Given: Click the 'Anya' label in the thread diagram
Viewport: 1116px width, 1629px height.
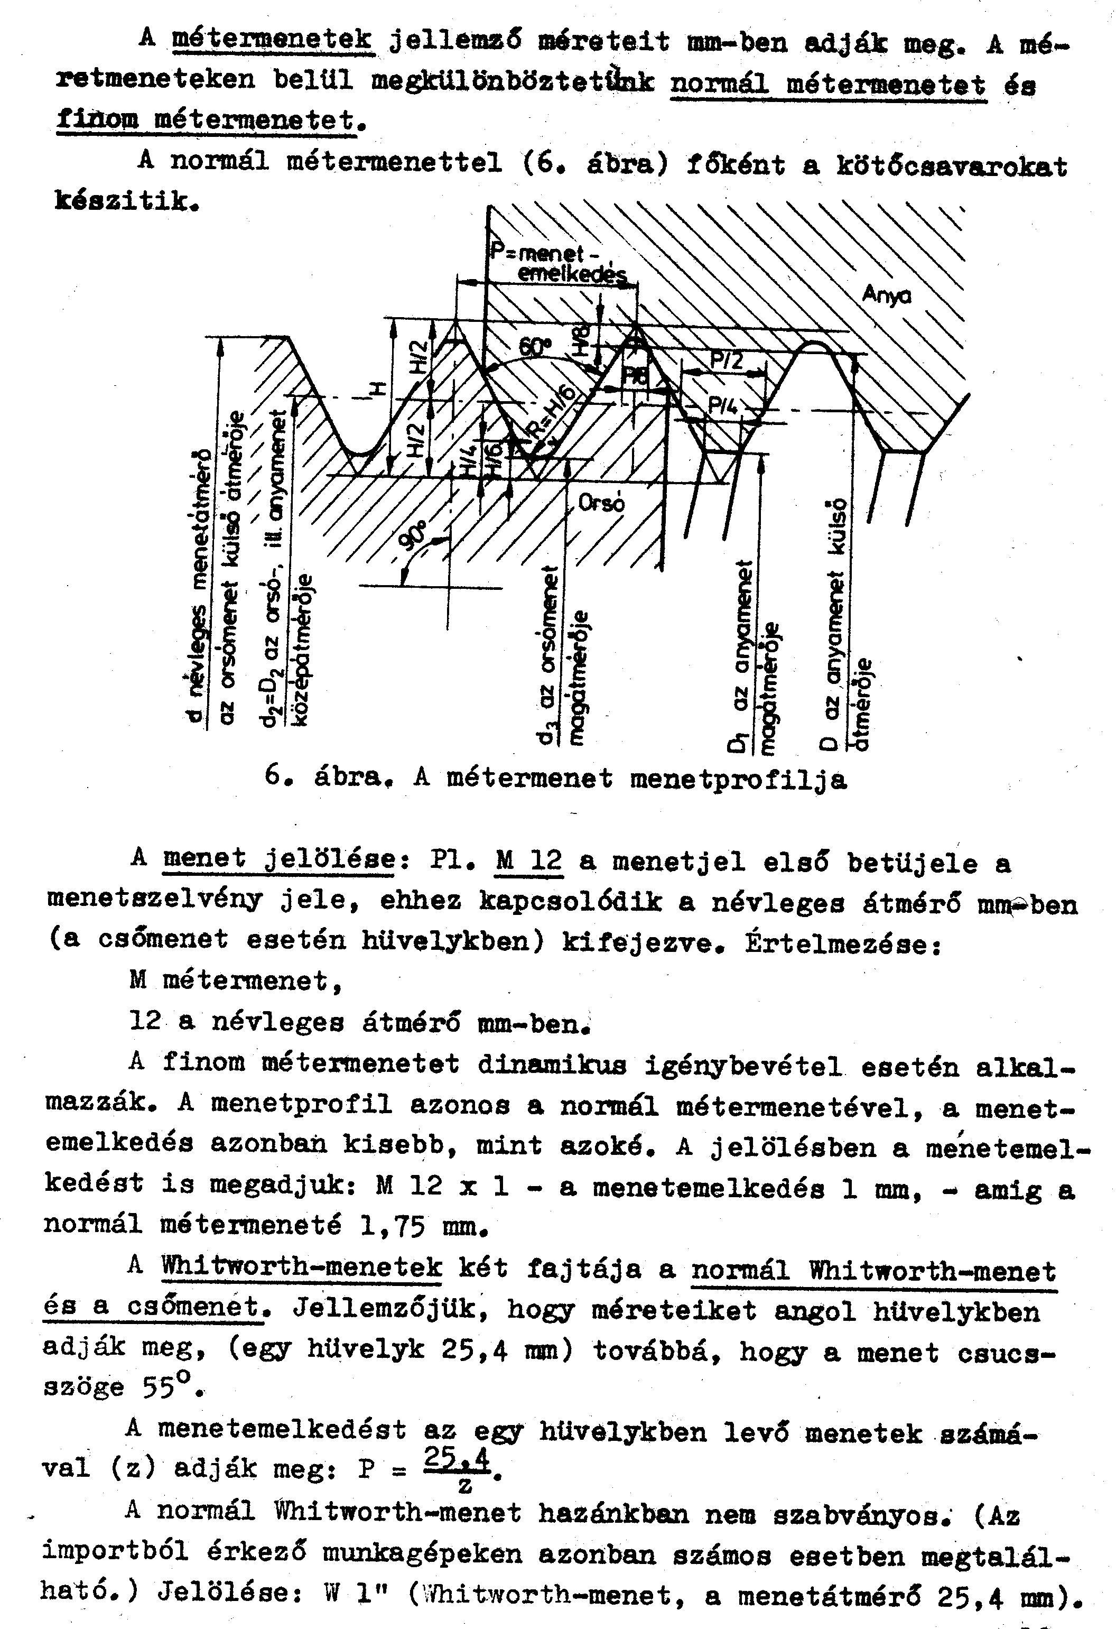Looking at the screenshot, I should (x=886, y=295).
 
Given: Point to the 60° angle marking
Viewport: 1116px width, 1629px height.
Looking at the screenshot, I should (x=535, y=346).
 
